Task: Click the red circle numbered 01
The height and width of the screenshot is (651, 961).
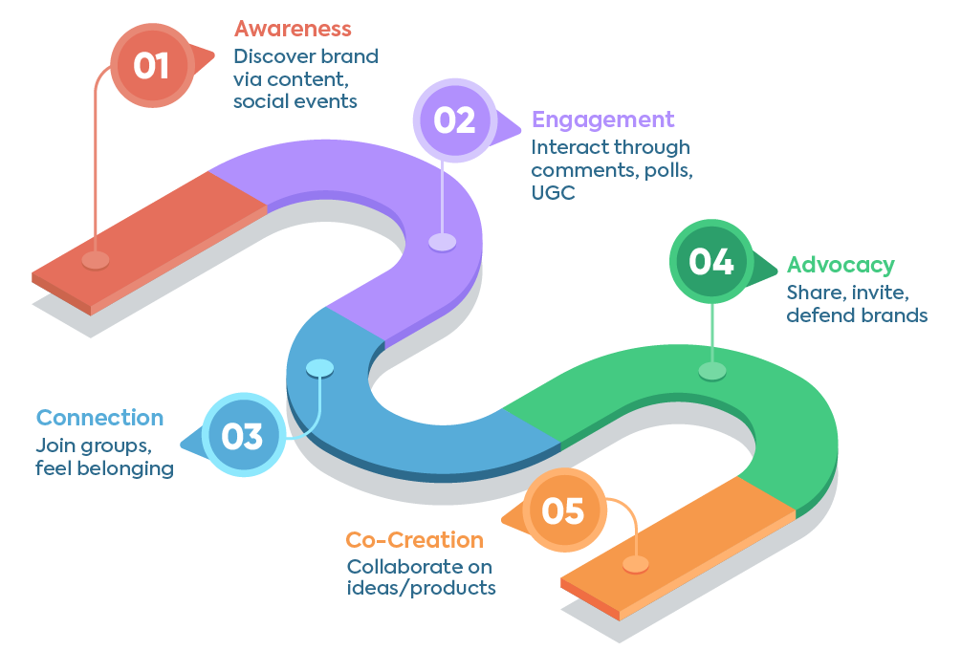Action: pos(151,66)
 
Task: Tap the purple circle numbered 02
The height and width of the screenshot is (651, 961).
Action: pos(454,120)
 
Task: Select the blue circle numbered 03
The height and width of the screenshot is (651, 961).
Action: pos(243,436)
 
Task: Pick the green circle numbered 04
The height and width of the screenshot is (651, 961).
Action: pos(711,262)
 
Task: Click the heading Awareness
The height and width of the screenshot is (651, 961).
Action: pos(293,29)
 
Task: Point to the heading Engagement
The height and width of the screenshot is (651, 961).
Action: pos(602,119)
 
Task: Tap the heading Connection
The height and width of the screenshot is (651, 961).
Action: pos(99,418)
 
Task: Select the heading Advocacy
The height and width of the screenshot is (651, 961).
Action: pos(840,265)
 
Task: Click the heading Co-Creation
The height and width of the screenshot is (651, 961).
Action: pos(414,540)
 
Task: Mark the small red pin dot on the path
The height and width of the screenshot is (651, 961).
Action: pos(95,260)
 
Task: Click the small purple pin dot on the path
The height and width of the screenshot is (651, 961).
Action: pos(442,242)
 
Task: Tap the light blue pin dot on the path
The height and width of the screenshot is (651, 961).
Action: pos(319,367)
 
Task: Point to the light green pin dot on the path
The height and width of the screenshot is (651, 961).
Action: pos(711,371)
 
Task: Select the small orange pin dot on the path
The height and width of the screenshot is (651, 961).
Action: pos(635,564)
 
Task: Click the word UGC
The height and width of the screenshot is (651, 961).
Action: pos(552,193)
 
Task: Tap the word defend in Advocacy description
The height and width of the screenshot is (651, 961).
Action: pos(818,315)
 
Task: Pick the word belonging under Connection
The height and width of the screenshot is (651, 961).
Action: pos(127,468)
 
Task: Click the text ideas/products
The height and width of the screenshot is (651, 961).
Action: pos(421,587)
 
